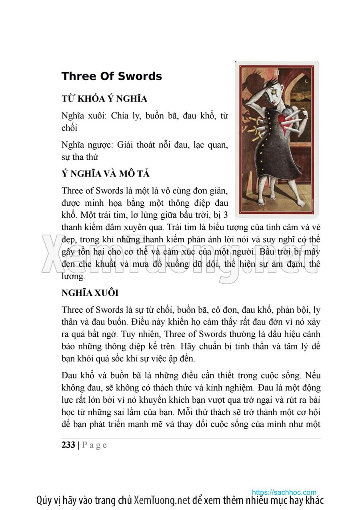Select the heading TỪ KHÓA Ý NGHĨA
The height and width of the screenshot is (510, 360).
pos(104,99)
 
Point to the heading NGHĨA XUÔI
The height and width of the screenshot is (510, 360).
pos(90,293)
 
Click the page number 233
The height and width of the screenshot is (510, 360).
pos(68,445)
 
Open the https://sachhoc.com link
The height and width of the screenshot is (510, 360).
pos(284,492)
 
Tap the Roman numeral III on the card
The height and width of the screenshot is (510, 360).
pos(276,72)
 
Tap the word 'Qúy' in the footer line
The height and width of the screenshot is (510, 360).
pos(44,500)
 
